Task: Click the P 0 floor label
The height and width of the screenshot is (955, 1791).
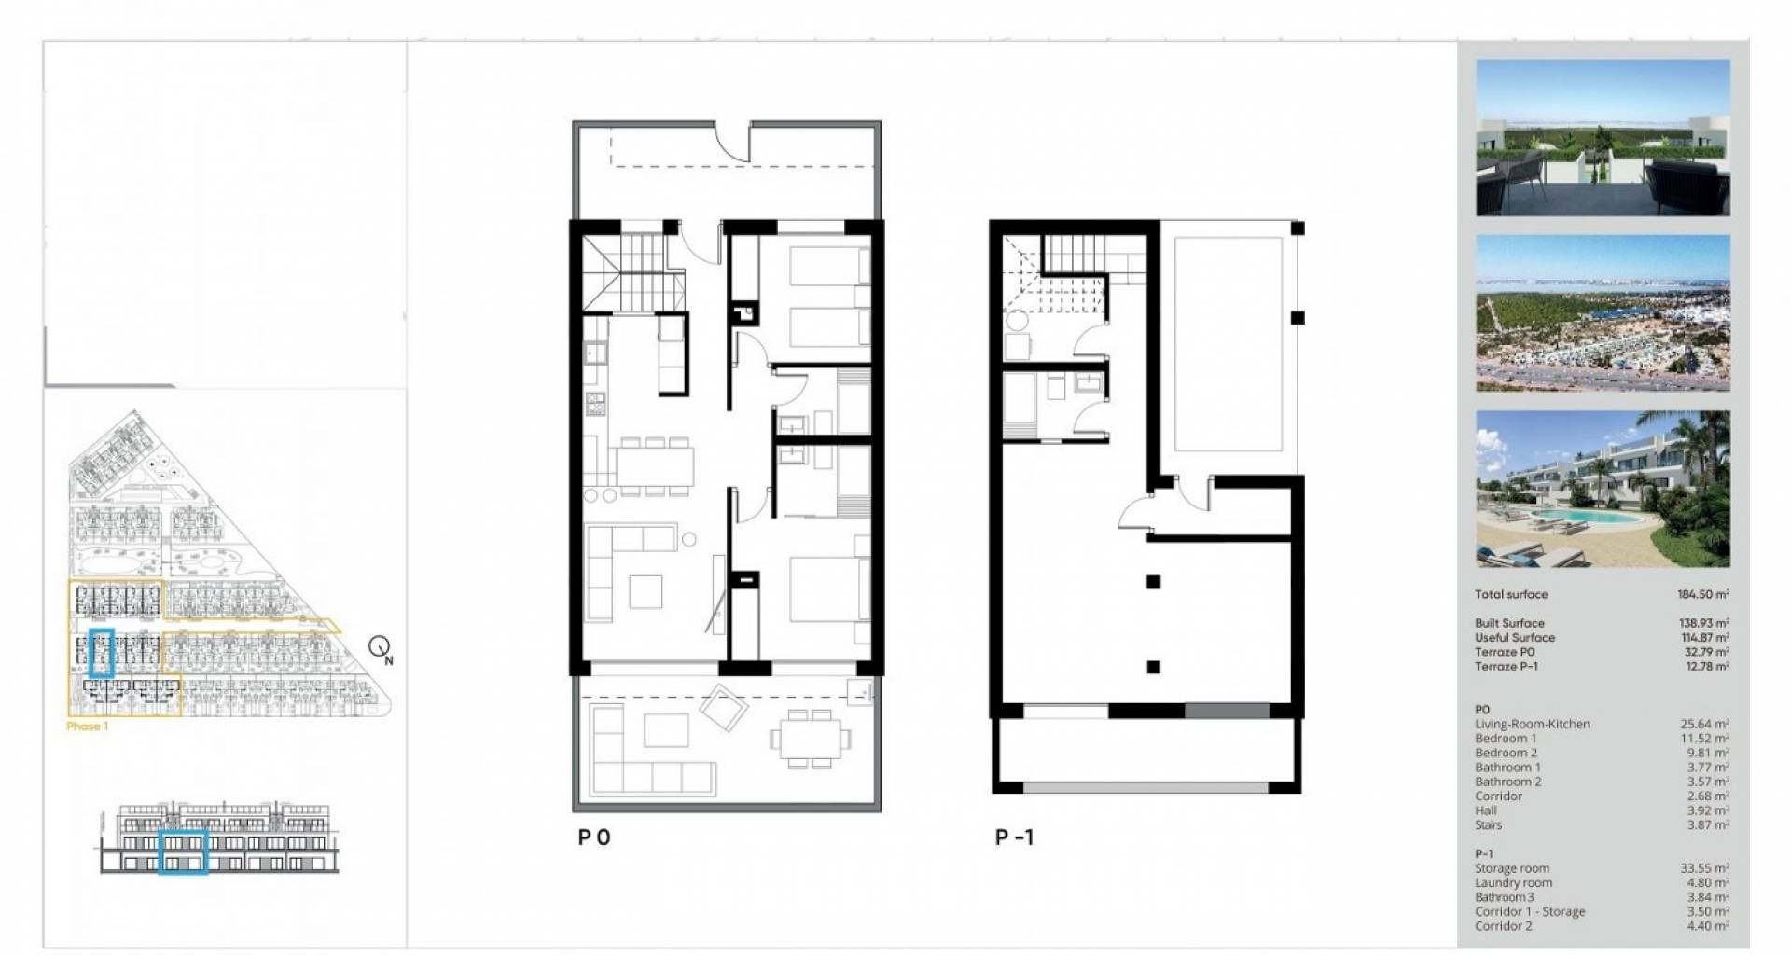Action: [594, 837]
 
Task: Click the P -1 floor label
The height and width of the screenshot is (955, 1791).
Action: [1014, 837]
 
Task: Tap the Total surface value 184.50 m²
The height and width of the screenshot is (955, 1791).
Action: [1703, 594]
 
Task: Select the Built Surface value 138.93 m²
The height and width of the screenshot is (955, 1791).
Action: [1704, 623]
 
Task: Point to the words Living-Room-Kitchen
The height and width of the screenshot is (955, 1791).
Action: [1532, 724]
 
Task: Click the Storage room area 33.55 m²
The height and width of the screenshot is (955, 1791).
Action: [1704, 868]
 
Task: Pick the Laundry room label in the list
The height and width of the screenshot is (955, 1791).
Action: [1513, 882]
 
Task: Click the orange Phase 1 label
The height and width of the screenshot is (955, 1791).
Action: [88, 726]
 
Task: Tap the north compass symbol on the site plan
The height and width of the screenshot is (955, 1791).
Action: [381, 648]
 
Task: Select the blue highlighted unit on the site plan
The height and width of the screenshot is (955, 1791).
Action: [101, 652]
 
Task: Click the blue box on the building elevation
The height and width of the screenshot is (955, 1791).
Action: [183, 851]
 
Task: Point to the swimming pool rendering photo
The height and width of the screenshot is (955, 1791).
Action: [1603, 489]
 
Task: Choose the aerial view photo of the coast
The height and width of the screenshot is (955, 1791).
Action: [1603, 312]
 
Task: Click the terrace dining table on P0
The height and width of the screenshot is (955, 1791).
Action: [811, 739]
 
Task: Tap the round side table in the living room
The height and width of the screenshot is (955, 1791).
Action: [688, 539]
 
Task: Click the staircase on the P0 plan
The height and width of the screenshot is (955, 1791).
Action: [625, 272]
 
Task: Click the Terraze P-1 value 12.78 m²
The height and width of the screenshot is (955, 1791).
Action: [1705, 667]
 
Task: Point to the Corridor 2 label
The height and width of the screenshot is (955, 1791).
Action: [1504, 926]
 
